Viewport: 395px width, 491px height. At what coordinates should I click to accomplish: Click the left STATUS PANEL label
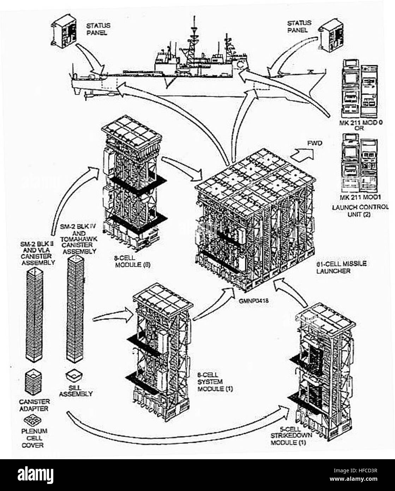point(98,29)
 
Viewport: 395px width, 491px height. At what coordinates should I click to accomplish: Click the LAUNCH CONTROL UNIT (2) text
point(360,211)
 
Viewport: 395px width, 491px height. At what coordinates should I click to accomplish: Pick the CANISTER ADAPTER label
point(34,405)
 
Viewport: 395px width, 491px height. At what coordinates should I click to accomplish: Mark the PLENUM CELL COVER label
point(34,438)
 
